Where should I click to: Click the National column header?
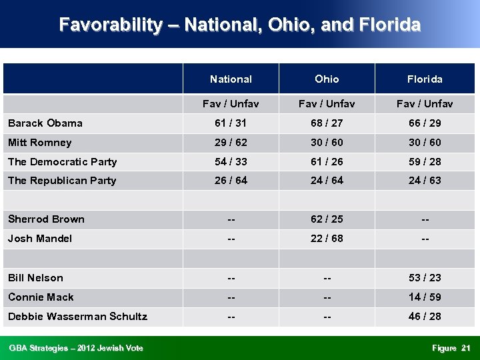pyautogui.click(x=231, y=79)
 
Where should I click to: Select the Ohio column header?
pyautogui.click(x=327, y=79)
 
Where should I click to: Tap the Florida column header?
pyautogui.click(x=425, y=79)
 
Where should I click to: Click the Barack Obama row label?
pyautogui.click(x=45, y=123)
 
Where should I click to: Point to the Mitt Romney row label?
pyautogui.click(x=39, y=143)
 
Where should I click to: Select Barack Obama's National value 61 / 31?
pyautogui.click(x=231, y=123)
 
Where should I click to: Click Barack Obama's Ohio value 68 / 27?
pyautogui.click(x=327, y=123)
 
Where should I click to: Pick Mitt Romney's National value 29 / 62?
pyautogui.click(x=231, y=143)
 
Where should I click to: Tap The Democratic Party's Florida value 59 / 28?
pyautogui.click(x=425, y=162)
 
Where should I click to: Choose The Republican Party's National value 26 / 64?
pyautogui.click(x=231, y=181)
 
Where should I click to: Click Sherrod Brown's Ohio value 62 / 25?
pyautogui.click(x=327, y=219)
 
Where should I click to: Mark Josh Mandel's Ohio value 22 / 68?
pyautogui.click(x=327, y=239)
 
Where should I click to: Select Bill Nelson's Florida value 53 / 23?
pyautogui.click(x=425, y=278)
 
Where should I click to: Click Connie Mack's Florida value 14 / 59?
pyautogui.click(x=425, y=297)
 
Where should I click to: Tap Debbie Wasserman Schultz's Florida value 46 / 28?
pyautogui.click(x=425, y=317)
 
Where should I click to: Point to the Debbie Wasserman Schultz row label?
pyautogui.click(x=77, y=317)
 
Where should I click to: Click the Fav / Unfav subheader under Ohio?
pyautogui.click(x=327, y=104)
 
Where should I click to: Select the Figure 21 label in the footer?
pyautogui.click(x=451, y=348)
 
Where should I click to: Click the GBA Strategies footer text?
pyautogui.click(x=75, y=348)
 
